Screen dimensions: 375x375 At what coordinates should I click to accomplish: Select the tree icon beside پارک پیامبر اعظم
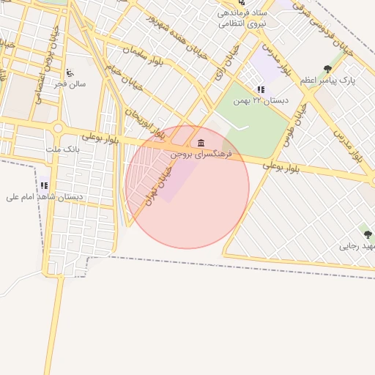(x=327, y=70)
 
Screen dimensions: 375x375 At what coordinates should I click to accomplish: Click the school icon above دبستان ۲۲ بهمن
(x=261, y=90)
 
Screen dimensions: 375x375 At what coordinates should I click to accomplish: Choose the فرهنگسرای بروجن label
(x=201, y=154)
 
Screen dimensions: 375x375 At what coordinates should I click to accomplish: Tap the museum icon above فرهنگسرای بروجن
(x=201, y=142)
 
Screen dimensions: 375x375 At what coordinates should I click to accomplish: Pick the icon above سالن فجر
(x=70, y=73)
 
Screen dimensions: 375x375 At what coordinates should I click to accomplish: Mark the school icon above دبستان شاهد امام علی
(x=45, y=186)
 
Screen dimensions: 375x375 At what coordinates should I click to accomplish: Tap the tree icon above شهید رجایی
(x=368, y=235)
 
